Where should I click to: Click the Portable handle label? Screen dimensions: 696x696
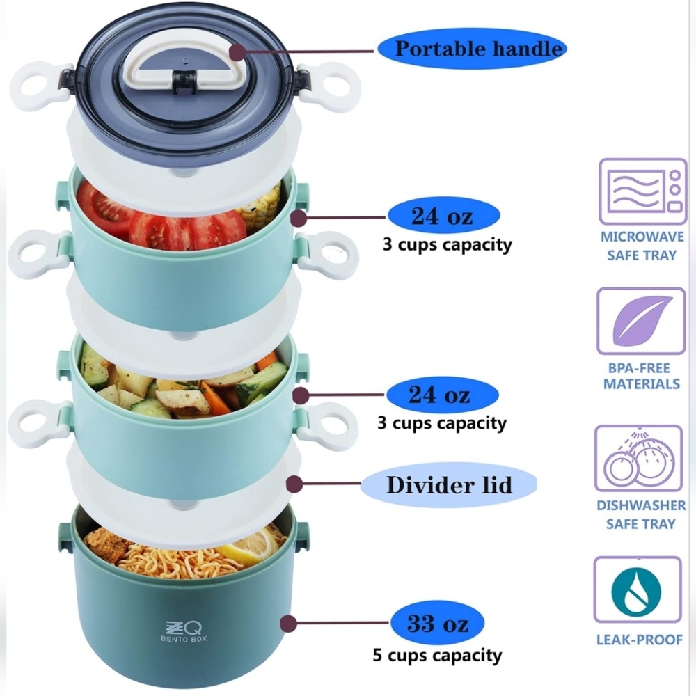472,49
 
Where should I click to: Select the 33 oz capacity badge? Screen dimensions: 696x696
437,623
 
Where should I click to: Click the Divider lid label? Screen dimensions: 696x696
449,484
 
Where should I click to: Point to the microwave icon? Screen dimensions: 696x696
642,191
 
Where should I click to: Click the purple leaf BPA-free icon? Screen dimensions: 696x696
641,320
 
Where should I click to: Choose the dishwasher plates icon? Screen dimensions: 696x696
638,458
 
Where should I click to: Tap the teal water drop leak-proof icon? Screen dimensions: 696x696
637,590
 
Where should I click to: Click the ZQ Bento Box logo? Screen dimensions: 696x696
184,631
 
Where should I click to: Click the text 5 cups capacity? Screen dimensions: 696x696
437,656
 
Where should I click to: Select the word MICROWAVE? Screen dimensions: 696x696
642,237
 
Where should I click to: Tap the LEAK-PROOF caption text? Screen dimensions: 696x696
639,640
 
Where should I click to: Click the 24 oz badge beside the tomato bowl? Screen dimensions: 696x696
443,216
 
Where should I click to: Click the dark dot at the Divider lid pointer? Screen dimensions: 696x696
294,484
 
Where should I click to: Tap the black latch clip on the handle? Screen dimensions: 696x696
184,81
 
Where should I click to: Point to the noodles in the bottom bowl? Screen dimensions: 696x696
177,560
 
